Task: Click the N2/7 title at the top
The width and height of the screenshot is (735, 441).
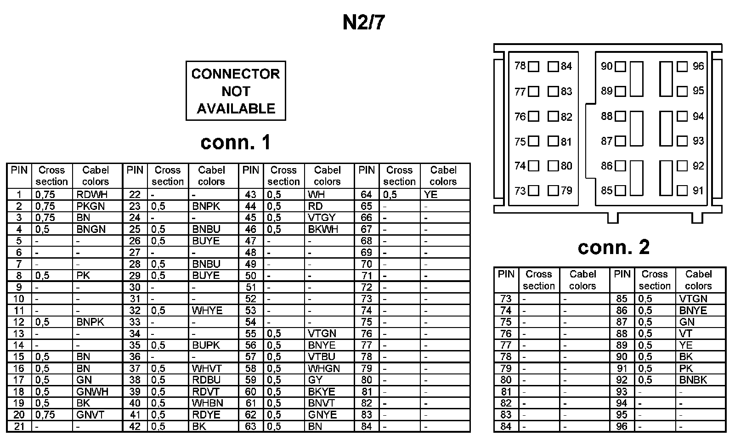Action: click(363, 23)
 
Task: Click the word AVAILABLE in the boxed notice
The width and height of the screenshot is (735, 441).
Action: click(236, 109)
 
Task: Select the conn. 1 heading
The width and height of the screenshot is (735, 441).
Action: click(236, 142)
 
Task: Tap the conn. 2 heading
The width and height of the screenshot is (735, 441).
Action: click(614, 247)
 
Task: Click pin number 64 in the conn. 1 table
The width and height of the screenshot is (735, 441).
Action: click(366, 195)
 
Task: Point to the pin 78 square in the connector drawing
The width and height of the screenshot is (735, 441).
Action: click(533, 67)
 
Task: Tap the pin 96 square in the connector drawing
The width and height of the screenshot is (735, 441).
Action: click(683, 67)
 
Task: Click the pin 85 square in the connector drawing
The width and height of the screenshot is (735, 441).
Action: click(620, 190)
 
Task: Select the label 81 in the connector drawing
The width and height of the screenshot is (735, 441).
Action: click(566, 141)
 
